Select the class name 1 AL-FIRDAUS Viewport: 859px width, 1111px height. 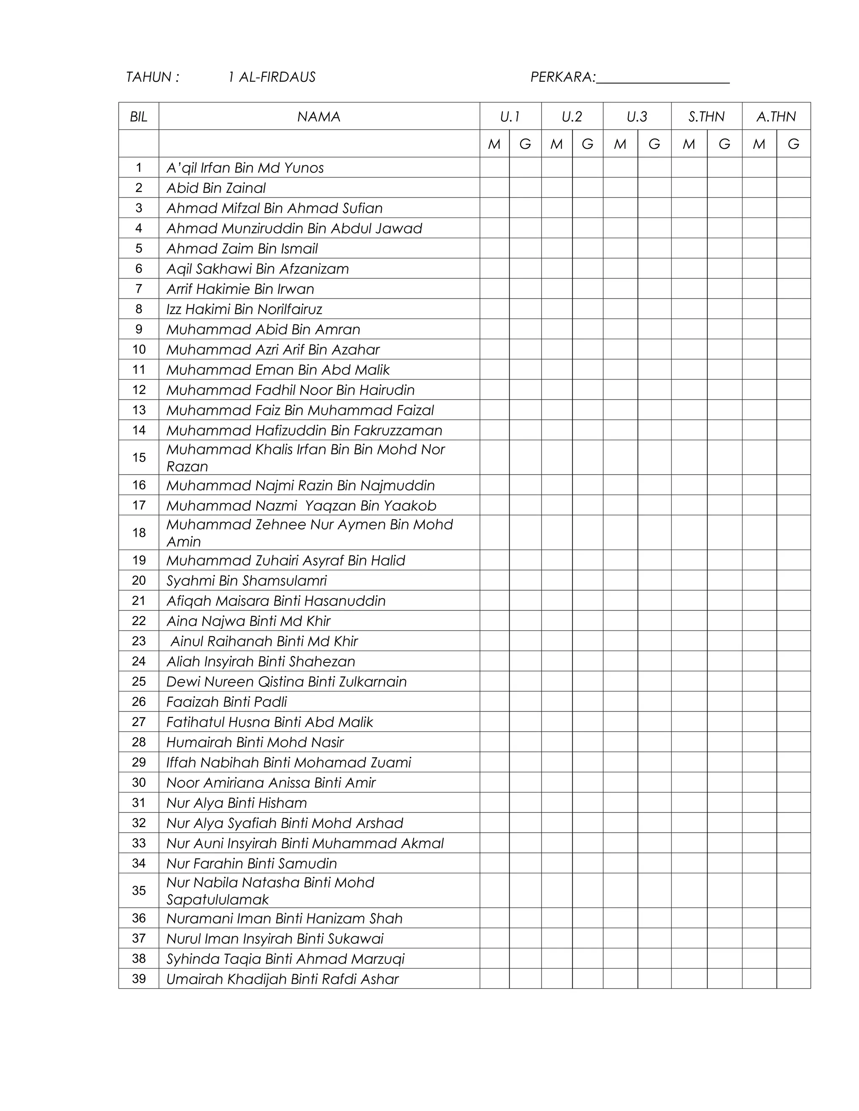click(x=272, y=77)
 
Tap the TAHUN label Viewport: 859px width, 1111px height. click(x=152, y=77)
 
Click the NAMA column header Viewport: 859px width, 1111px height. click(x=319, y=117)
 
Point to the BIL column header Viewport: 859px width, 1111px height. click(x=138, y=117)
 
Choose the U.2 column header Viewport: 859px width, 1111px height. click(x=572, y=117)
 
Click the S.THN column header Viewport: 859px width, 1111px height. click(x=706, y=117)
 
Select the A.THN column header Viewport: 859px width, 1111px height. click(x=776, y=117)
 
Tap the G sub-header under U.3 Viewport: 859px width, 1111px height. click(x=654, y=145)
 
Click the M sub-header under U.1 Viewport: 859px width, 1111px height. click(x=494, y=145)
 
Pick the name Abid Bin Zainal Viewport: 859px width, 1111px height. click(x=216, y=188)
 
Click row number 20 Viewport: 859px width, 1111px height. click(x=138, y=580)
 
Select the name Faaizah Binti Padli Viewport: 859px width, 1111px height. click(x=226, y=702)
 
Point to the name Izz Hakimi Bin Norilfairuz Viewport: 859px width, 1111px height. click(x=244, y=309)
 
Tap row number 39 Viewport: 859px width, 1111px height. click(x=138, y=979)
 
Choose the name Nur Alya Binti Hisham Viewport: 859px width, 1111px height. click(x=237, y=803)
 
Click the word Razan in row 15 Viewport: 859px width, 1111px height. click(x=187, y=467)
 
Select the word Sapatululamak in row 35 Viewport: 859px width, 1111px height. click(x=217, y=899)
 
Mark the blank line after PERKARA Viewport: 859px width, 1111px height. click(x=663, y=81)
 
